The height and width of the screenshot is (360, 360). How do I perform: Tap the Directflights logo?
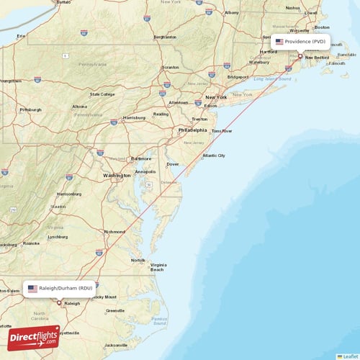point(35,337)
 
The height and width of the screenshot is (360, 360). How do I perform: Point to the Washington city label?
point(117,175)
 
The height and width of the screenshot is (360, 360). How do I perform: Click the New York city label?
point(216,97)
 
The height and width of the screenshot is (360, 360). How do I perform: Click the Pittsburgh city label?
point(30,109)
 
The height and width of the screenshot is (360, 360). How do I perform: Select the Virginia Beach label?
point(158,267)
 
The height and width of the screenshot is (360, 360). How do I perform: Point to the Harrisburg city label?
point(135,117)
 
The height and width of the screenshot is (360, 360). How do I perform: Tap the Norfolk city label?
point(138,260)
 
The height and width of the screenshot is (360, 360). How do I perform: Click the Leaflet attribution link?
point(349,356)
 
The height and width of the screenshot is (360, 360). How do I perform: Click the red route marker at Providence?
point(300,56)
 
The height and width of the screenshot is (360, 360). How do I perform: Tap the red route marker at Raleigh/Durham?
point(60,302)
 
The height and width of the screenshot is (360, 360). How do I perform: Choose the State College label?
point(102,94)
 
